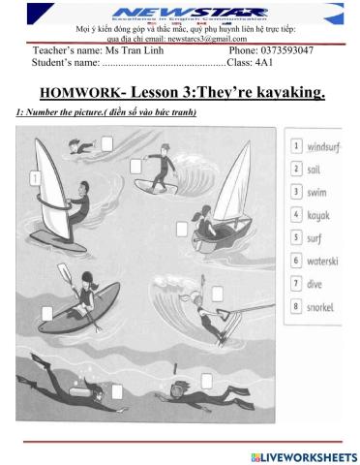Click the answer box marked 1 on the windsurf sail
[35, 178]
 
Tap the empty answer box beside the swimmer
[106, 144]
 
